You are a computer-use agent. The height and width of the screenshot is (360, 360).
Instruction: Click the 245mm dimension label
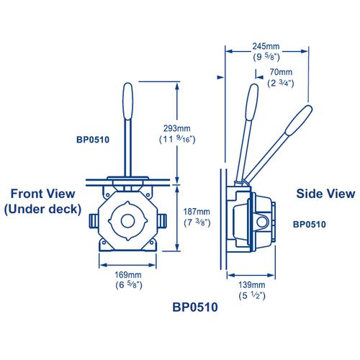tap(266, 46)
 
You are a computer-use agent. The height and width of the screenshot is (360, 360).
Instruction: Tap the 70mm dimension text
tap(281, 72)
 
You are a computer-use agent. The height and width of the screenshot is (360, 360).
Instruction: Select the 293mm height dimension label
tap(177, 128)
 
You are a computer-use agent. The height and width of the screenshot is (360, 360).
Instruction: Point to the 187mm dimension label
tap(197, 212)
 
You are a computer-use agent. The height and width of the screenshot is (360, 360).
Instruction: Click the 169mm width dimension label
tap(128, 274)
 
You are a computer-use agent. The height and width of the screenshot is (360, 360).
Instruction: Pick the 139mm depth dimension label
tap(252, 285)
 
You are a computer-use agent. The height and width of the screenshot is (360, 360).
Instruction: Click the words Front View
tap(43, 194)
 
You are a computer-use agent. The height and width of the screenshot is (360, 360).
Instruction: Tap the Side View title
tap(325, 194)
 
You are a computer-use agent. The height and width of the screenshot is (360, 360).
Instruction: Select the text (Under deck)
tap(42, 209)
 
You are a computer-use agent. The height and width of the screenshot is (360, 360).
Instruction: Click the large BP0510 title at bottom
tap(195, 307)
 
